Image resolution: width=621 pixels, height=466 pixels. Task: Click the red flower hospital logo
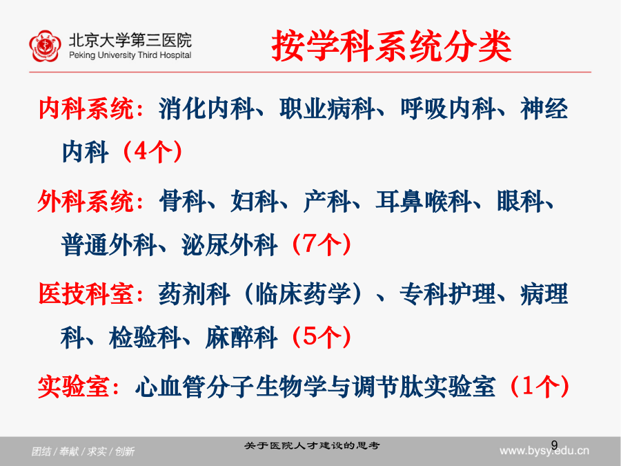point(45,46)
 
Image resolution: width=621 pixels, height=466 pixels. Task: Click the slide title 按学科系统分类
point(392,47)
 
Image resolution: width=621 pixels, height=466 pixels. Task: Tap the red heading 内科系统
point(86,108)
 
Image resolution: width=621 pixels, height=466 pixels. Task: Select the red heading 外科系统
point(86,202)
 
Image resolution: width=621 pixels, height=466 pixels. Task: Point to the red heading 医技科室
point(86,294)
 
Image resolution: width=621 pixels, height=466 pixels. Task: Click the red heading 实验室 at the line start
point(74,387)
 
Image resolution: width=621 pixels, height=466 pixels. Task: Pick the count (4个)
point(152,152)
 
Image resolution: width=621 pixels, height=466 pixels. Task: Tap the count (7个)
point(321,244)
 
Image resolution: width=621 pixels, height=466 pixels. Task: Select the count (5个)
point(321,337)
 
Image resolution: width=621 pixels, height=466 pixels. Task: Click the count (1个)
point(540,387)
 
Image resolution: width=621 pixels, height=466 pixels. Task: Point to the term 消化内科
point(206,108)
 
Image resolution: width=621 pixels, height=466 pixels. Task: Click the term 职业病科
point(327,108)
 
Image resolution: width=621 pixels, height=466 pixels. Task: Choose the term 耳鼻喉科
point(424,202)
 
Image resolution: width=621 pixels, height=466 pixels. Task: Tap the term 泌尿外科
point(230,244)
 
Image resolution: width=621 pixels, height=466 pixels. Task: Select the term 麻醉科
point(241,337)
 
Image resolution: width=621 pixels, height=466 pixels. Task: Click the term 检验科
point(145,337)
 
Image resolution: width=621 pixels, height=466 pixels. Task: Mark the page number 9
point(554,445)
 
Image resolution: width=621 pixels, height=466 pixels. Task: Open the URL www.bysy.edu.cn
point(544,451)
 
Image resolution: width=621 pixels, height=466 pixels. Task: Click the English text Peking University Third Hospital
point(130,55)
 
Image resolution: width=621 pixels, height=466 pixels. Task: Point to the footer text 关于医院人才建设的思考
point(312,446)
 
